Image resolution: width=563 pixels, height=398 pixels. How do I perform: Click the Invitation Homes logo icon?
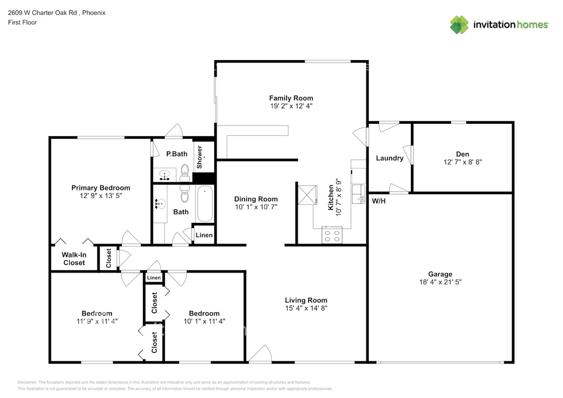(x=459, y=25)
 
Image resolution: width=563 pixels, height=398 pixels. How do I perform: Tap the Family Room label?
(x=291, y=98)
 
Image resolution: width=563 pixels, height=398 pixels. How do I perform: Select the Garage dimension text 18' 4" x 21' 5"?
(x=440, y=282)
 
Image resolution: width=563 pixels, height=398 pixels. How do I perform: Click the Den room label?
(x=463, y=154)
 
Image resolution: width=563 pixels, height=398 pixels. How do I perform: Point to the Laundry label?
(x=390, y=158)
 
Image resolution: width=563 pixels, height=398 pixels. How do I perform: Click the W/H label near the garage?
(x=379, y=201)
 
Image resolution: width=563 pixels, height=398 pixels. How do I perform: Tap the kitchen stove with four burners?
(x=332, y=234)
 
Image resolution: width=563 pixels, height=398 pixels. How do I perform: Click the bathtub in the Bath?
(x=205, y=204)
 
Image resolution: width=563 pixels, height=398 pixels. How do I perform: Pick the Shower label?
(x=199, y=157)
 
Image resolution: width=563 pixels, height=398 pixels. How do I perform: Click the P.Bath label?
(x=176, y=154)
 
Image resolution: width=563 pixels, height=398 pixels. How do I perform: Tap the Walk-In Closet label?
(x=74, y=259)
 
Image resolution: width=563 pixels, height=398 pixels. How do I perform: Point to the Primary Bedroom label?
(x=101, y=188)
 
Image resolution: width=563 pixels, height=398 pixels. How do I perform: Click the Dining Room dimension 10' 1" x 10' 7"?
(x=256, y=207)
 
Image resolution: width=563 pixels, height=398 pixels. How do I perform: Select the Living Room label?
(x=306, y=300)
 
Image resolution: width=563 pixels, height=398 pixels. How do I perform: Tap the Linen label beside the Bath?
(x=204, y=235)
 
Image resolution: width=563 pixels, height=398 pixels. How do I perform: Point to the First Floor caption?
(x=23, y=22)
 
